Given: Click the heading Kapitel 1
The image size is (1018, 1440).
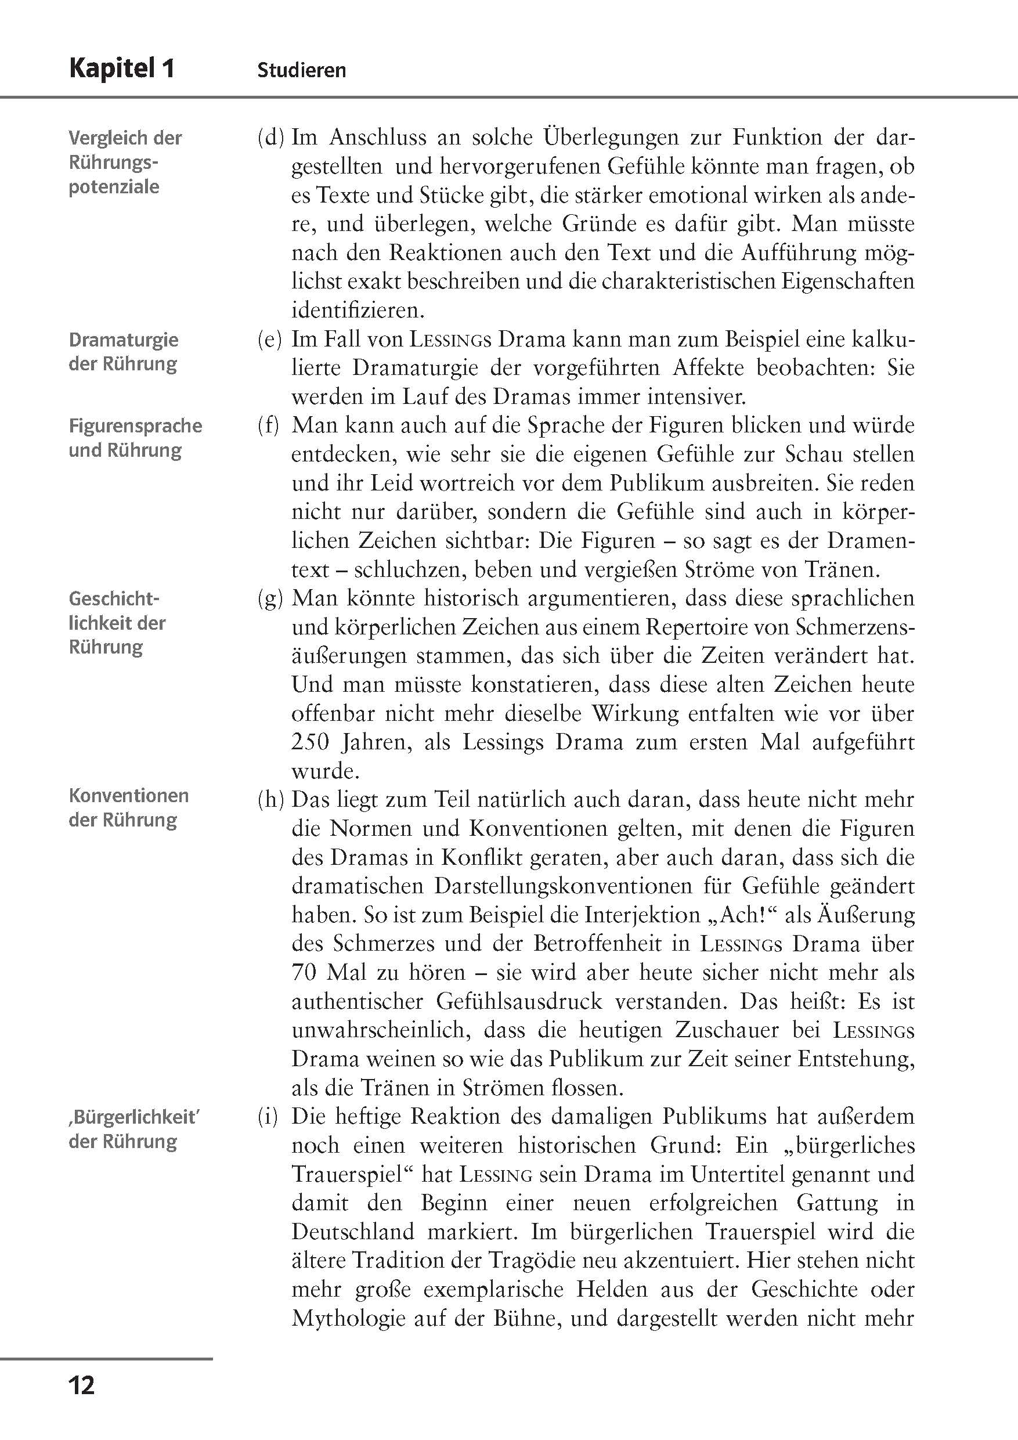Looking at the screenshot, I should pos(122,68).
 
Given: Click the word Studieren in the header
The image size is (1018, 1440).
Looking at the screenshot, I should pos(301,70).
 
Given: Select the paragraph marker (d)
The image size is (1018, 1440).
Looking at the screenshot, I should pos(271,138).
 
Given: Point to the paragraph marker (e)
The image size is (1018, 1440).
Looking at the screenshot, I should pos(270,340).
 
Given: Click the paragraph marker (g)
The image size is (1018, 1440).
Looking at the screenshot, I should pos(270,598).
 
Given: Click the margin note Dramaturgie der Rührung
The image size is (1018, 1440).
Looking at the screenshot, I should pos(124,352).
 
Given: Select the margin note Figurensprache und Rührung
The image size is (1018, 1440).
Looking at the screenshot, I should pos(135,438).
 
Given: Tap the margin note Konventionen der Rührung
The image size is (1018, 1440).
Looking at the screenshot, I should pos(129,808).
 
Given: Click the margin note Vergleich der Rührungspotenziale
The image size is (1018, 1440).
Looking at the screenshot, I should pos(125,162).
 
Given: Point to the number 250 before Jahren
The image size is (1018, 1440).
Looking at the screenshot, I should pos(311,742).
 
